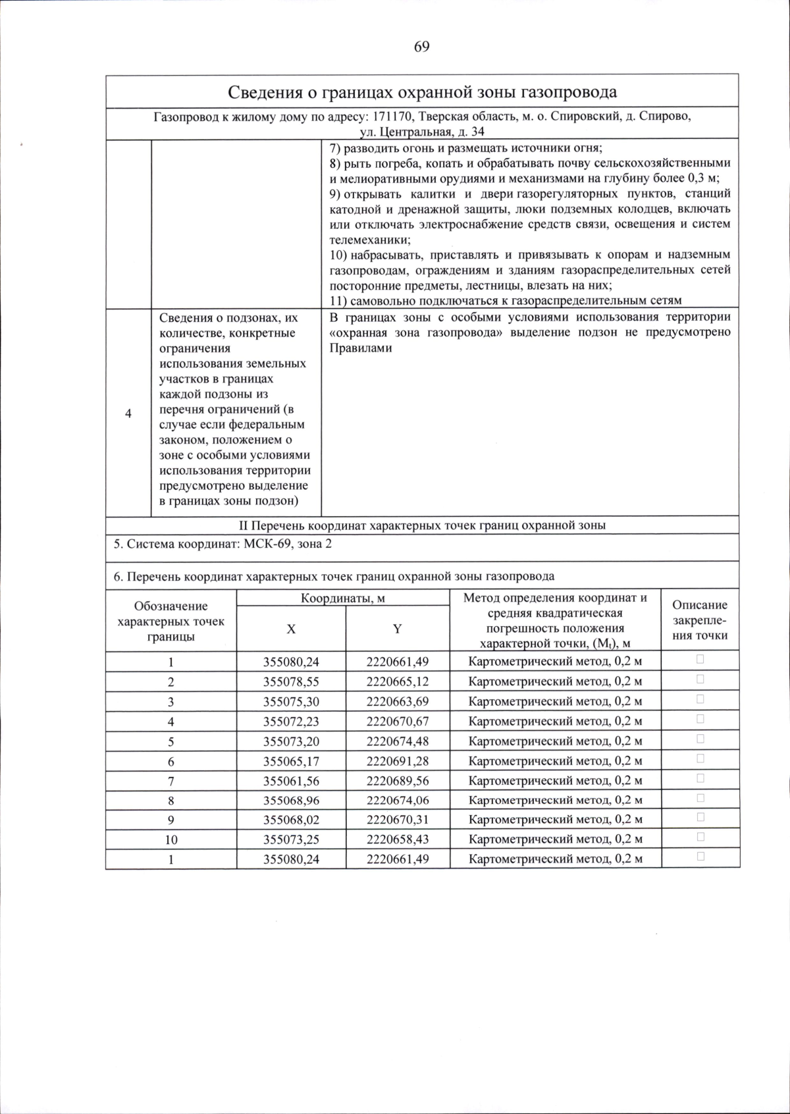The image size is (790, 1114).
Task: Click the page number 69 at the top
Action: click(421, 47)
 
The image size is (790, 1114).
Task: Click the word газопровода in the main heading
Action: click(571, 92)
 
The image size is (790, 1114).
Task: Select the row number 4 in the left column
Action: click(128, 413)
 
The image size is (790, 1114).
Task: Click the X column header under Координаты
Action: click(291, 629)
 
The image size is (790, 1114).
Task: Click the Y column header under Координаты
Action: click(397, 629)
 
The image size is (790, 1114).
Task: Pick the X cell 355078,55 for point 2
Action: click(291, 681)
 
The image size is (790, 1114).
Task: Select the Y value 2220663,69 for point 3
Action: click(398, 701)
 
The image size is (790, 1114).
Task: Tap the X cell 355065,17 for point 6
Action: click(291, 761)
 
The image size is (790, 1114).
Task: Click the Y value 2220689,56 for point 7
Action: click(398, 781)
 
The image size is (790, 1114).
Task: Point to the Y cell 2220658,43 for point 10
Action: click(398, 839)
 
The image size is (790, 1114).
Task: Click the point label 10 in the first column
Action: click(171, 839)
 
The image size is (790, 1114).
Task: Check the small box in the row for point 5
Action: click(700, 739)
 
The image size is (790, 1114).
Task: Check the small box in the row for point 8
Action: click(700, 798)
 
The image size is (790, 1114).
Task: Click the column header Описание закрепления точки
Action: click(700, 620)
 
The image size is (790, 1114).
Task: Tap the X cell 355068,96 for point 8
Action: click(291, 801)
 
